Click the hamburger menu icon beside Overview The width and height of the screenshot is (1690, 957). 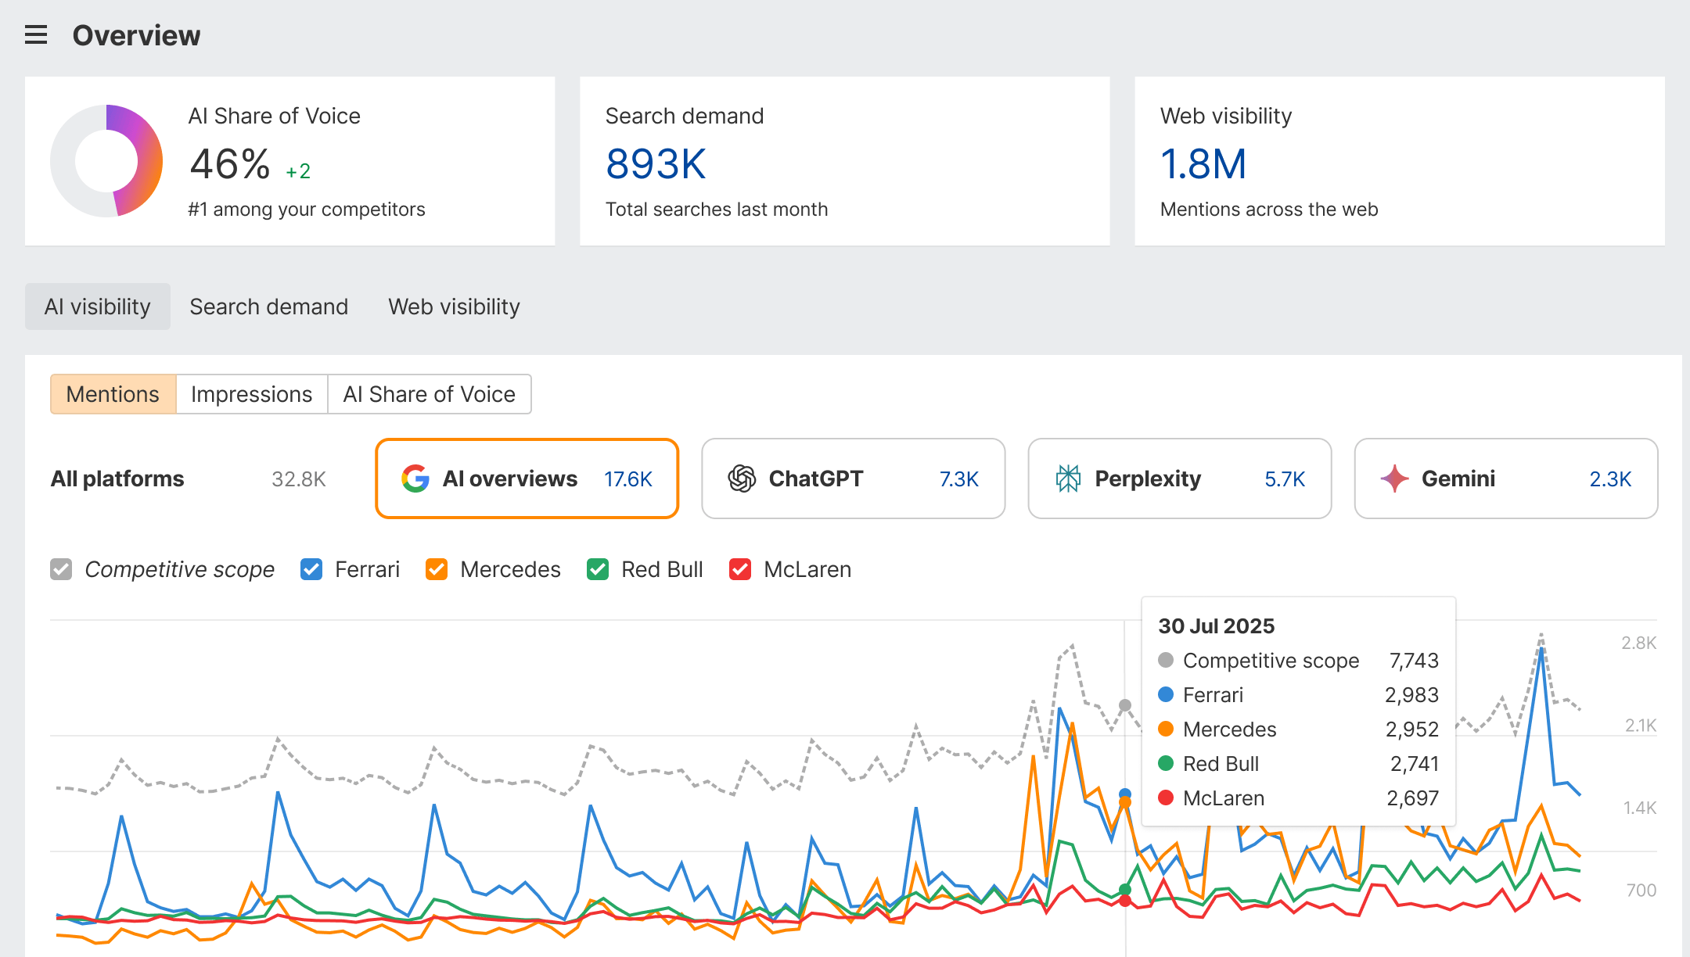tap(36, 35)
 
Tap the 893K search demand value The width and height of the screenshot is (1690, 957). tap(656, 164)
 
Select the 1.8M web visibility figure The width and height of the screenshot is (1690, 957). tap(1203, 164)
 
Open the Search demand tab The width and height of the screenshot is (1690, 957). tap(268, 306)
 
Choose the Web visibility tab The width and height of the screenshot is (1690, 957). tap(454, 306)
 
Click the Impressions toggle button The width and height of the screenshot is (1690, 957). tap(251, 394)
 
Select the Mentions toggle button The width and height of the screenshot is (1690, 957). tap(113, 394)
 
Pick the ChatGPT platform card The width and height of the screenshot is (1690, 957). tap(853, 478)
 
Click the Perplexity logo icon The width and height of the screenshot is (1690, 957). tap(1068, 478)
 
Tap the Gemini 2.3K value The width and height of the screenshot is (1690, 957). tap(1609, 479)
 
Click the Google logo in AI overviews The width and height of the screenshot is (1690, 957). tap(415, 478)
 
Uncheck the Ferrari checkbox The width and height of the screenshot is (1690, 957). tap(311, 569)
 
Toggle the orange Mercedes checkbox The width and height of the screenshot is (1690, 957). tap(437, 569)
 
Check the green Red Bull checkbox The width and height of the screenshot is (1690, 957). tap(598, 569)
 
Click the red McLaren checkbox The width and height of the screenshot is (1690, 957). tap(740, 569)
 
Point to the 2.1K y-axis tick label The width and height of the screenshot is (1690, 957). tap(1640, 726)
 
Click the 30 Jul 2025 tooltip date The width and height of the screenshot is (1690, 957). tap(1216, 626)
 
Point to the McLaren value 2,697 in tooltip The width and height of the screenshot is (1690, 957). tap(1412, 798)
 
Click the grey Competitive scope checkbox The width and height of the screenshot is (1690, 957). tap(61, 569)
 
